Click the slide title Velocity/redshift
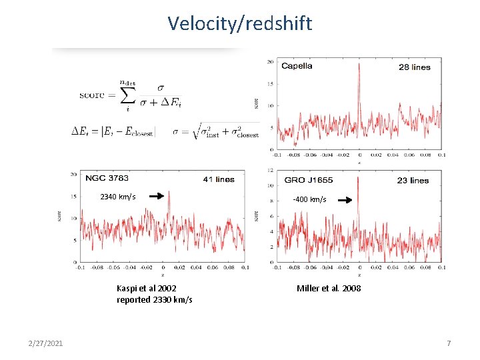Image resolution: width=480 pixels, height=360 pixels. pos(239,24)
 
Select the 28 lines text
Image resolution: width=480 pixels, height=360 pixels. pos(414,67)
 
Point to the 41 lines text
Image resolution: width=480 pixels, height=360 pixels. pos(218,179)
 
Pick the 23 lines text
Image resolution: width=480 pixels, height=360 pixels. pos(413,181)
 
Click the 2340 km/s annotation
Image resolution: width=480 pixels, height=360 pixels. pos(117,197)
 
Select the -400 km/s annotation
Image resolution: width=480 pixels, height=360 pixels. pos(309,199)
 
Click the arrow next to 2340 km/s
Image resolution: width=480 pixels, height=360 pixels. pos(156,197)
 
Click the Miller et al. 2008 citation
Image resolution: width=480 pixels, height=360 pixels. pos(329,288)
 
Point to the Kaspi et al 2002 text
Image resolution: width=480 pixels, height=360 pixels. pos(147,288)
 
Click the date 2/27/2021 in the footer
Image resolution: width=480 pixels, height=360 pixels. pos(47,343)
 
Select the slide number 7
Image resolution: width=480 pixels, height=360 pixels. pos(449,343)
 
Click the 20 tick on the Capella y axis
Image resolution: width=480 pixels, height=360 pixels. pos(269,62)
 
